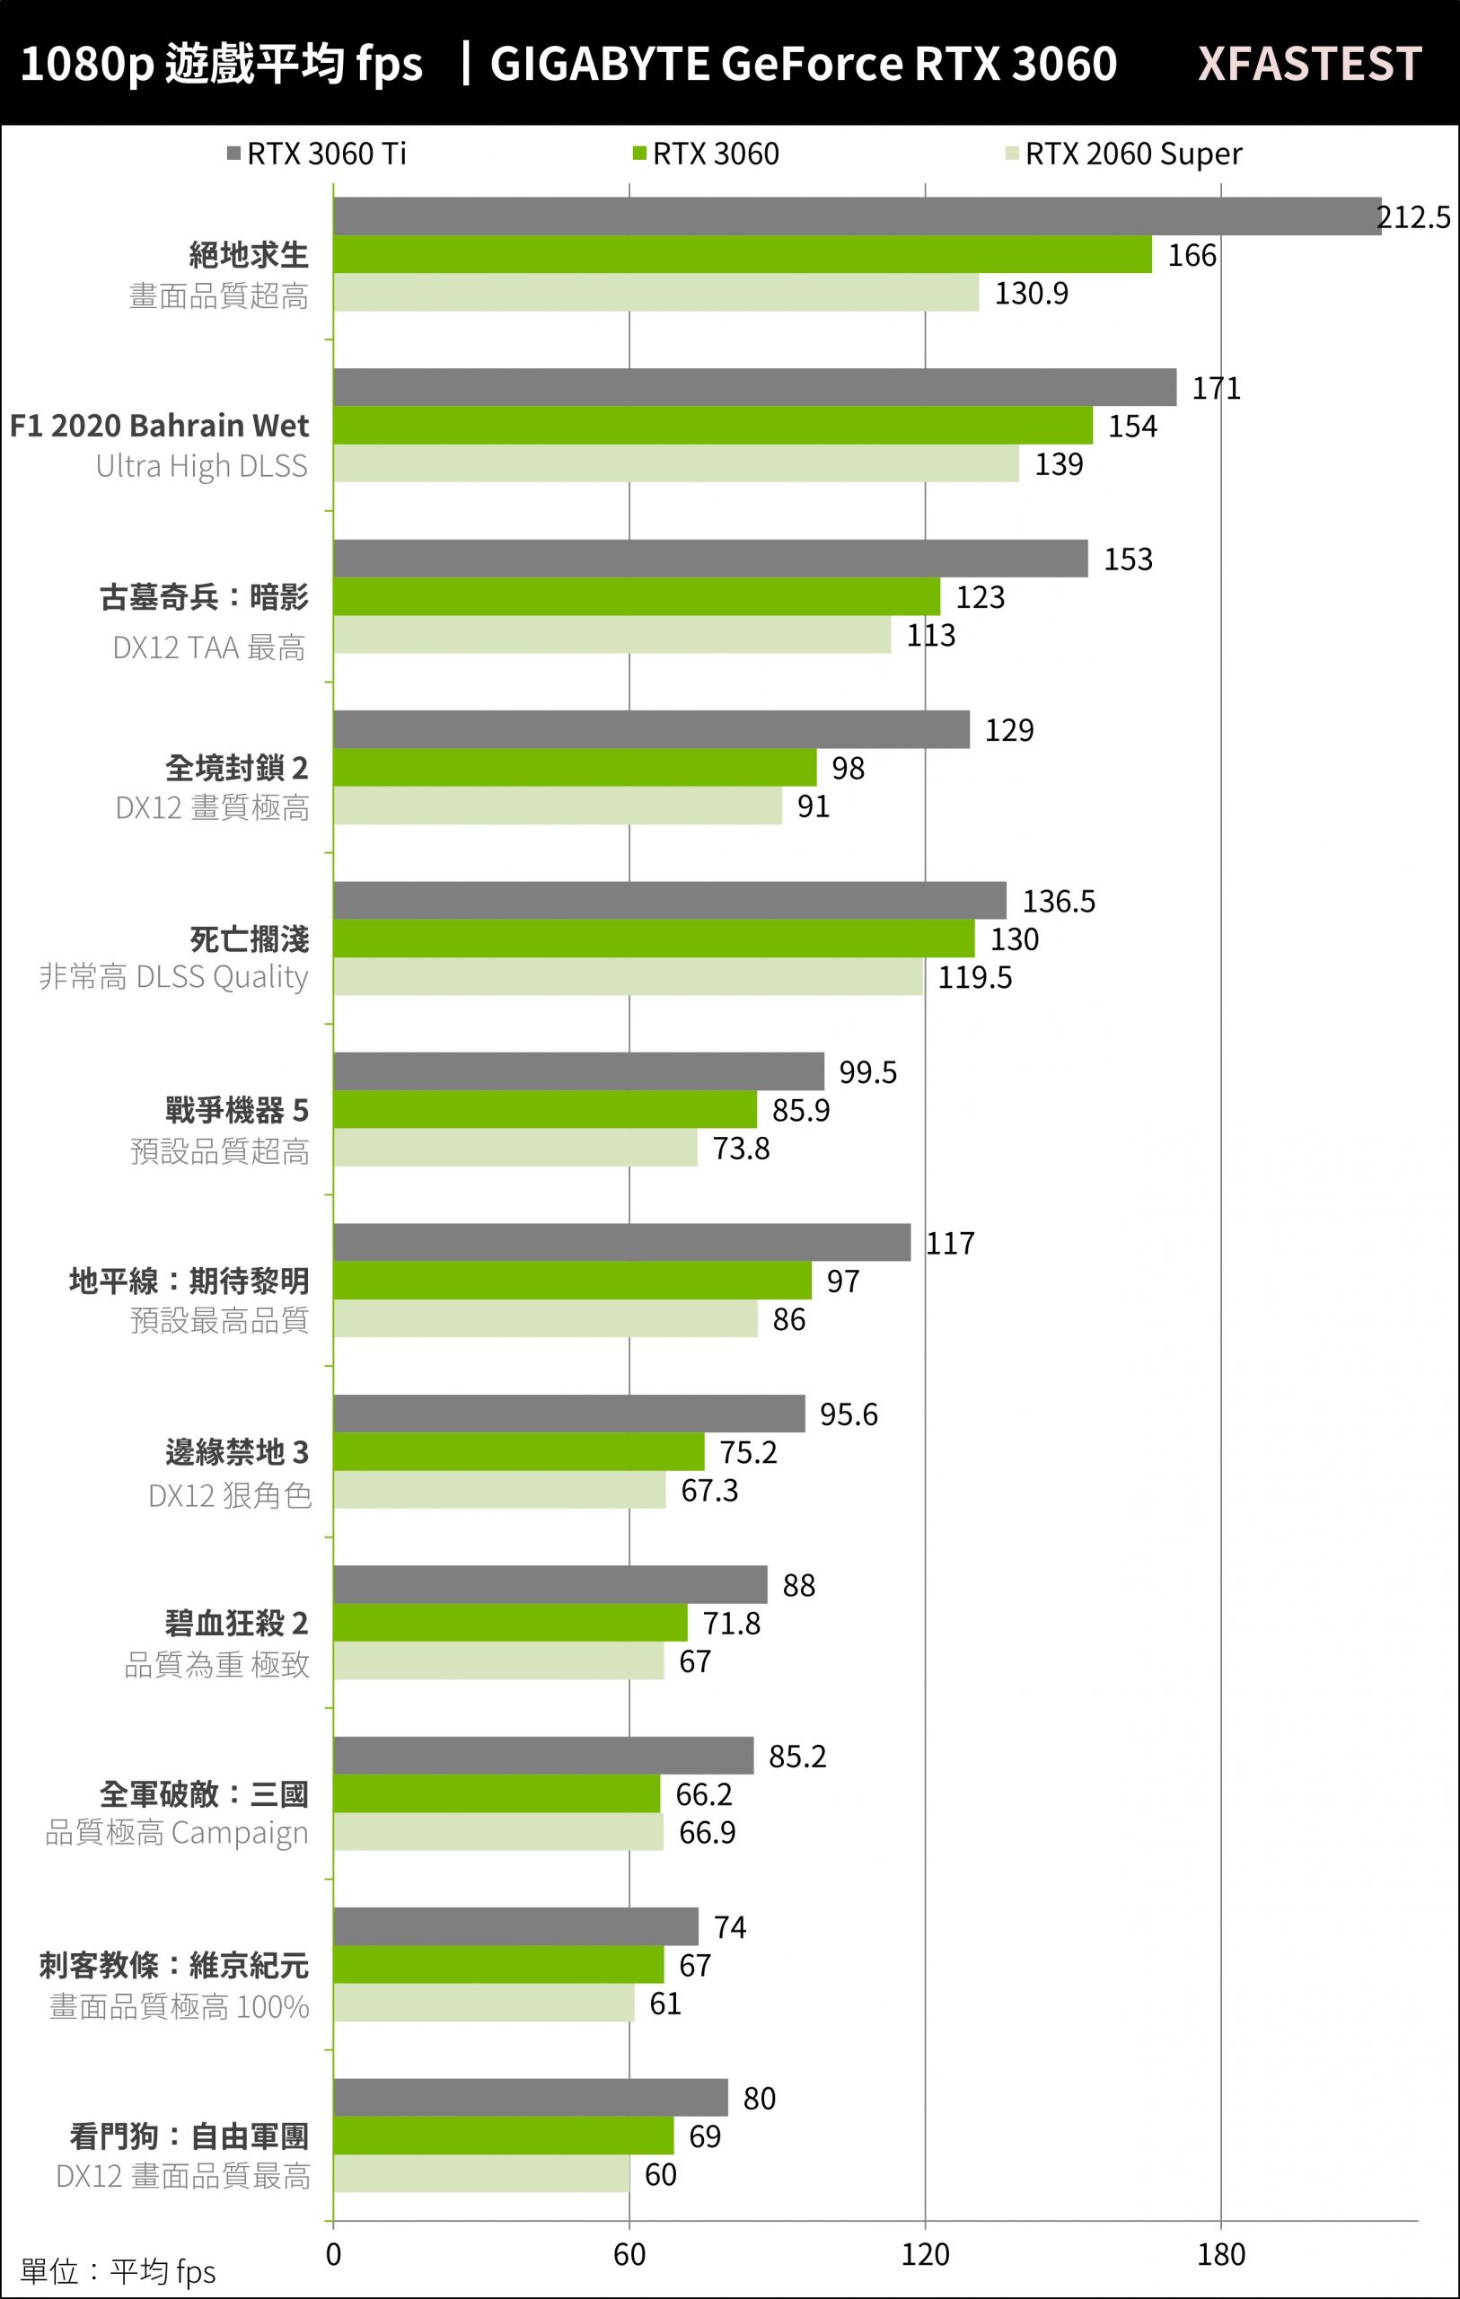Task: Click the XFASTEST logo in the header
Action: click(1309, 63)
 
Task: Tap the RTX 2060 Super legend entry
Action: click(1124, 154)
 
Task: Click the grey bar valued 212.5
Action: click(857, 216)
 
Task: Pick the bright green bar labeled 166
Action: click(742, 255)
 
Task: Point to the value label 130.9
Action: click(1032, 293)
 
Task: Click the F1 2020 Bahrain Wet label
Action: click(160, 425)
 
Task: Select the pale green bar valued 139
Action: click(676, 464)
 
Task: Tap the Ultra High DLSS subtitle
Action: click(201, 466)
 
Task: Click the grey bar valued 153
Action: click(710, 559)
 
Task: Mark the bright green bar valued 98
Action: click(575, 768)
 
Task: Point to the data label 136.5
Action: click(1058, 902)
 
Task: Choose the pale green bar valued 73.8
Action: click(515, 1148)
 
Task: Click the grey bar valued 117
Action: click(621, 1242)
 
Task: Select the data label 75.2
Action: click(748, 1452)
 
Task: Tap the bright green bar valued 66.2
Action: click(497, 1794)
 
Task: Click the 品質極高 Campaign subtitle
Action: click(178, 1833)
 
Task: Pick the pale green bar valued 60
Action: click(481, 2174)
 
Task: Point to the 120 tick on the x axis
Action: click(924, 2255)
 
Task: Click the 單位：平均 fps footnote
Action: click(119, 2272)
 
